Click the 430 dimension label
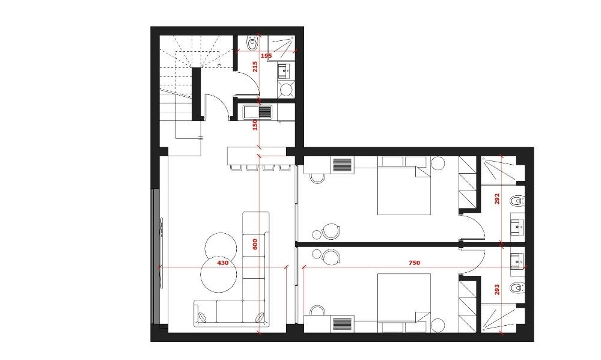click(x=223, y=263)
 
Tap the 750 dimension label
click(x=414, y=263)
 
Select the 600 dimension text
click(x=255, y=244)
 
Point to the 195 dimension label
click(x=266, y=56)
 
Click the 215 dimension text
click(x=255, y=67)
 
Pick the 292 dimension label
click(x=497, y=198)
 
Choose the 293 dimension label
click(x=497, y=289)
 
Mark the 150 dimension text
click(x=255, y=124)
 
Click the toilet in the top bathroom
click(x=252, y=44)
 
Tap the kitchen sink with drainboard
click(x=257, y=112)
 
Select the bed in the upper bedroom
click(x=404, y=186)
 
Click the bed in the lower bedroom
click(x=404, y=303)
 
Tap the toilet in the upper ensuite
click(x=517, y=201)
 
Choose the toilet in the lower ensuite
click(x=517, y=287)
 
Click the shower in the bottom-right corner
click(x=498, y=318)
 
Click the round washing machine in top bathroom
click(x=285, y=90)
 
